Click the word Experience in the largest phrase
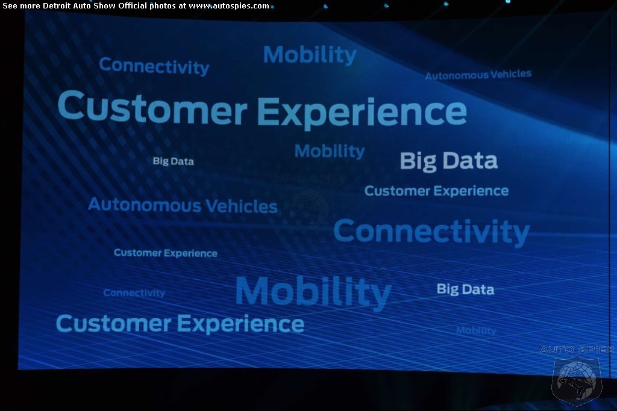pos(362,113)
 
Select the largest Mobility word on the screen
pos(313,292)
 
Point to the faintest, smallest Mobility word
pos(476,331)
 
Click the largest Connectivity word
pos(431,232)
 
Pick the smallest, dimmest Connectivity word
pos(134,292)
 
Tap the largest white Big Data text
pos(448,161)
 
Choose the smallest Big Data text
pos(173,161)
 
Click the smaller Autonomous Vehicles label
pos(478,75)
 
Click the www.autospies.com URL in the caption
pos(229,6)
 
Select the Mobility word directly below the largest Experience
pos(330,151)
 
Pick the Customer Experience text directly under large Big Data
pos(436,191)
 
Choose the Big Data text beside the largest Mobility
pos(465,289)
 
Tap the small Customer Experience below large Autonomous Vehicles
pos(165,253)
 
